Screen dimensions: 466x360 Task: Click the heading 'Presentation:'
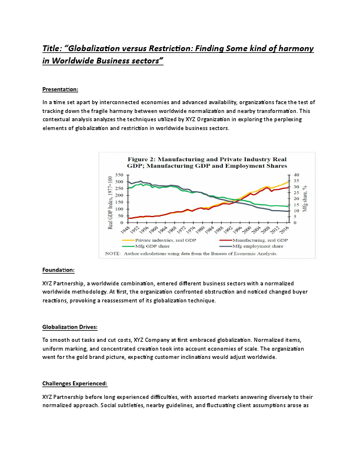pos(60,89)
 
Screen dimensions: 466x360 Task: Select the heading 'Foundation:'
pos(58,270)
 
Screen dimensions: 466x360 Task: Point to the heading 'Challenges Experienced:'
pos(74,383)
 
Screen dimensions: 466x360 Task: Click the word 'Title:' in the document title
pos(54,48)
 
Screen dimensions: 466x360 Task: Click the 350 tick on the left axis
pos(119,175)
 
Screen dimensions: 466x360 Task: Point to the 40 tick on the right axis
pos(296,175)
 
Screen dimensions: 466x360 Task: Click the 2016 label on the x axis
pos(286,229)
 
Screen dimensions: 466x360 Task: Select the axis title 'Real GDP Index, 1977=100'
pos(110,201)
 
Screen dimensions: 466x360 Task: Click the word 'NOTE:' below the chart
pos(112,254)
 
